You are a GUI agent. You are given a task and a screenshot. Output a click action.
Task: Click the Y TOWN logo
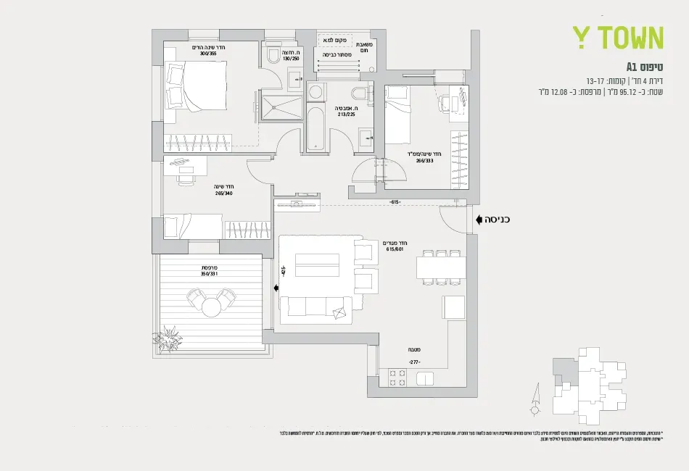[617, 38]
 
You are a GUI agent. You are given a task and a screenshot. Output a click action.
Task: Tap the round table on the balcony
[211, 307]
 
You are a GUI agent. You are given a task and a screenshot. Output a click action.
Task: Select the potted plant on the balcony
[171, 338]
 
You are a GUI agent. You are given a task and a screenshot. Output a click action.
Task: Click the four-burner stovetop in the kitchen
[397, 378]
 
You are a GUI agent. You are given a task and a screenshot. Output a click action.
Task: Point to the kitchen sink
[424, 378]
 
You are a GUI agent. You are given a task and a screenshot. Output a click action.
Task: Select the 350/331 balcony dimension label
[209, 274]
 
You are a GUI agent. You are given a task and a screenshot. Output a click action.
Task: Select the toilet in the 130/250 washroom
[273, 55]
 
